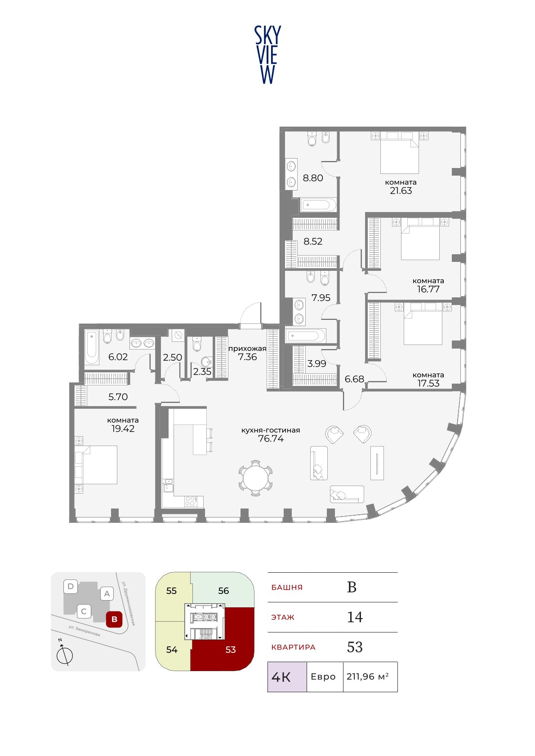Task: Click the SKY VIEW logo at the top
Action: click(267, 55)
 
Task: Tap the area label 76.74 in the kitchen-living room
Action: click(271, 438)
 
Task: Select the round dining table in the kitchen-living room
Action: click(256, 477)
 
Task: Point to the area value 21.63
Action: click(401, 191)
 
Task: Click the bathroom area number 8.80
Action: click(313, 178)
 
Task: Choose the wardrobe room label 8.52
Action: click(313, 241)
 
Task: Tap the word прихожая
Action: click(247, 349)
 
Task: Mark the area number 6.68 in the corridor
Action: click(354, 379)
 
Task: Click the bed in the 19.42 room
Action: click(96, 465)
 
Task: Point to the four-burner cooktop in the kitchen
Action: click(190, 501)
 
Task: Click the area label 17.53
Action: click(428, 383)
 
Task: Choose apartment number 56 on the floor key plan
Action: click(223, 591)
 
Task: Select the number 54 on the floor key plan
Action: click(172, 650)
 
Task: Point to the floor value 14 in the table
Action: click(355, 617)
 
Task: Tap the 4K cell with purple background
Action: click(287, 676)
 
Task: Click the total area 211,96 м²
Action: click(367, 676)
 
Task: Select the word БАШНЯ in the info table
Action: click(287, 587)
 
